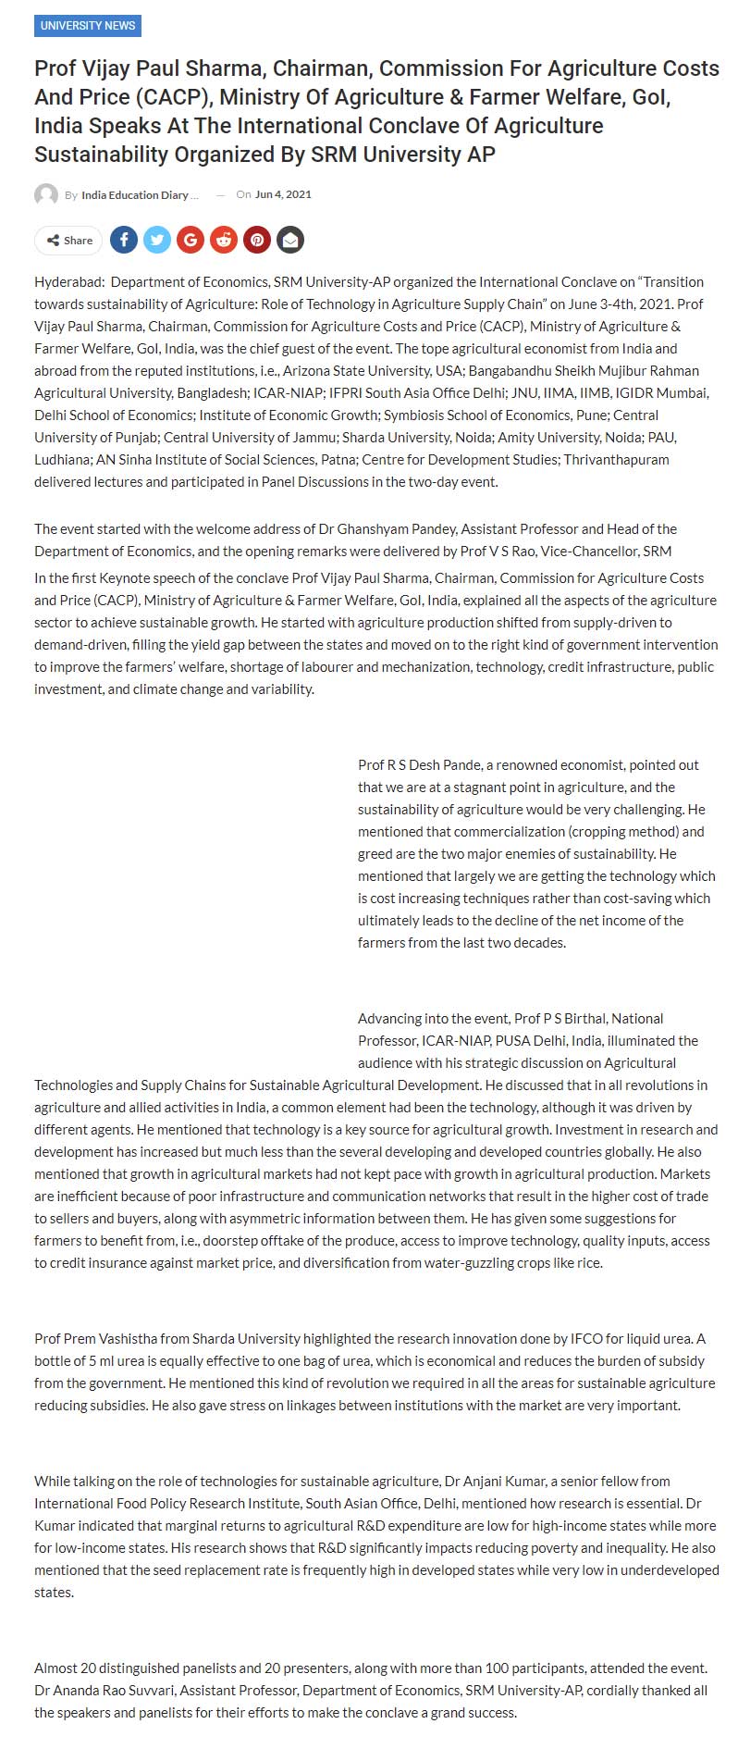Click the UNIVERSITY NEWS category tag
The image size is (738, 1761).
tap(88, 25)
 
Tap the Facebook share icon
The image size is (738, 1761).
tap(124, 241)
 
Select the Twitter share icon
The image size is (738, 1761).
tap(157, 241)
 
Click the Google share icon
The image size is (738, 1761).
tap(191, 241)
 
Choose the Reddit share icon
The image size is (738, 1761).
tap(224, 241)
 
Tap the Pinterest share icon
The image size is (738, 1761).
tap(257, 241)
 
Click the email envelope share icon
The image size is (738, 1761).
tap(290, 241)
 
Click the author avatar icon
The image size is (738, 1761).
tap(46, 195)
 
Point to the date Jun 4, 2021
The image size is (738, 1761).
tap(283, 194)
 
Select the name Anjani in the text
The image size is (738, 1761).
tap(481, 1482)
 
